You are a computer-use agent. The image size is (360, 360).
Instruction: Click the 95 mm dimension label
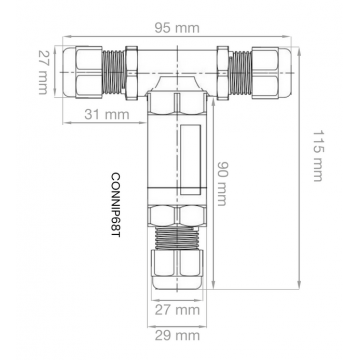177,28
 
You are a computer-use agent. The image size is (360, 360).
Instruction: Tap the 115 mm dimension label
318,156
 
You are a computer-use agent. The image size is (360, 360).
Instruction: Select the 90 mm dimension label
222,183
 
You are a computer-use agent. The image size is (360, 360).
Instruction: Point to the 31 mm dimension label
107,114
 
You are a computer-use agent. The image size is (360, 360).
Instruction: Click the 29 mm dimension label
177,335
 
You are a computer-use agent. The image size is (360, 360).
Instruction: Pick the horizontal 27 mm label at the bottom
177,310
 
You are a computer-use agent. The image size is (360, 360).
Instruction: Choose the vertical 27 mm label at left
43,72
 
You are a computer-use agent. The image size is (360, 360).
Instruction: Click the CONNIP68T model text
115,205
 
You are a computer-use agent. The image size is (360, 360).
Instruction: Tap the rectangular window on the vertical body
190,160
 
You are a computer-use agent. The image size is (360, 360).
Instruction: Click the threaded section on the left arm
114,72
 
